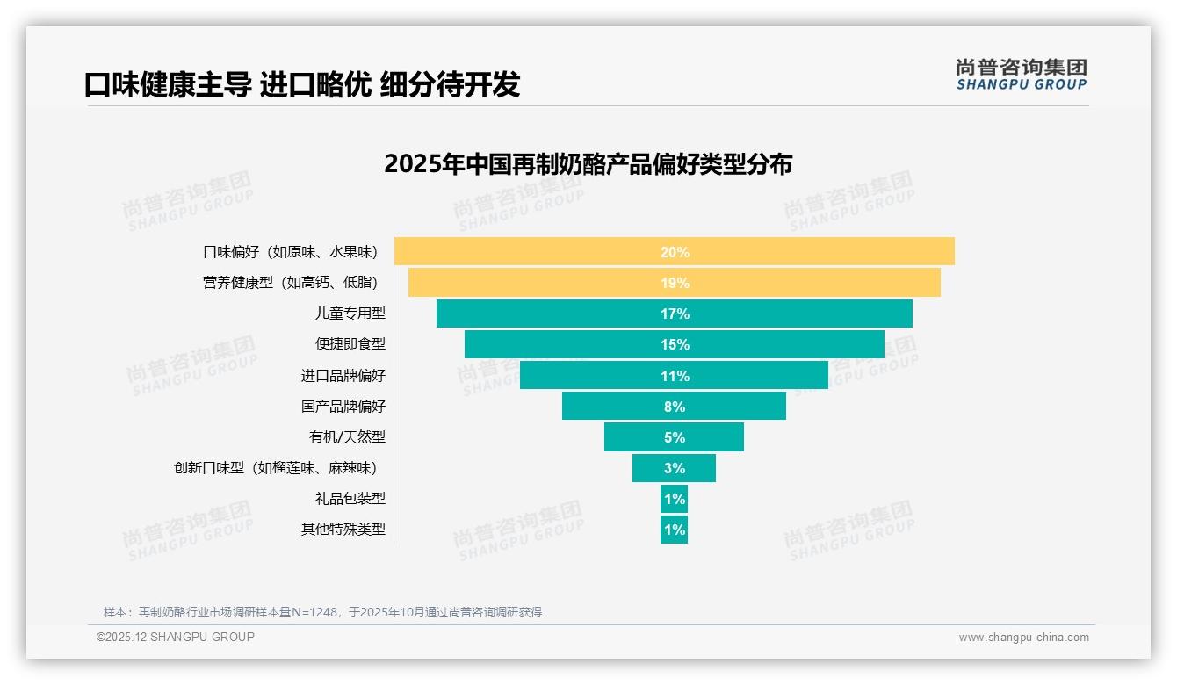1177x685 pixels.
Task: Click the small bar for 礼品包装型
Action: tap(674, 499)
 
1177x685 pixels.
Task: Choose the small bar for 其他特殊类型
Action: tap(674, 530)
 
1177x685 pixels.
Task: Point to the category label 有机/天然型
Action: tap(347, 437)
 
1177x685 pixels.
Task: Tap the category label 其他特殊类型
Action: tap(343, 530)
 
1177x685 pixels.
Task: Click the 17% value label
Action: tap(675, 314)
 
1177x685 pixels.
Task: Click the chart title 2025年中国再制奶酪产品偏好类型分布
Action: tap(588, 164)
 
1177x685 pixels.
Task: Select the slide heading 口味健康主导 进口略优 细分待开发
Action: tap(302, 84)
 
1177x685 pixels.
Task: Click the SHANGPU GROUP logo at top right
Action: tap(1021, 75)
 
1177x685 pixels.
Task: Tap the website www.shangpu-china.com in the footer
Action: tap(1023, 638)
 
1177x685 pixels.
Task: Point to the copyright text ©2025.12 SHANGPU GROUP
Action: tap(176, 637)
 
